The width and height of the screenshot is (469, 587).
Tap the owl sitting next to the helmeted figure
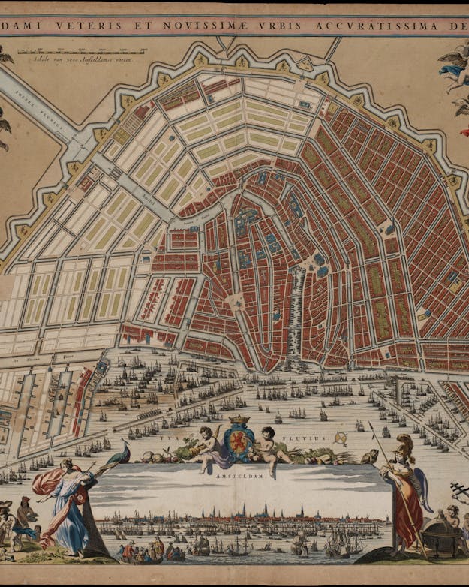(x=369, y=456)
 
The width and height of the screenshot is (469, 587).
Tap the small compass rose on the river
(x=341, y=438)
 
